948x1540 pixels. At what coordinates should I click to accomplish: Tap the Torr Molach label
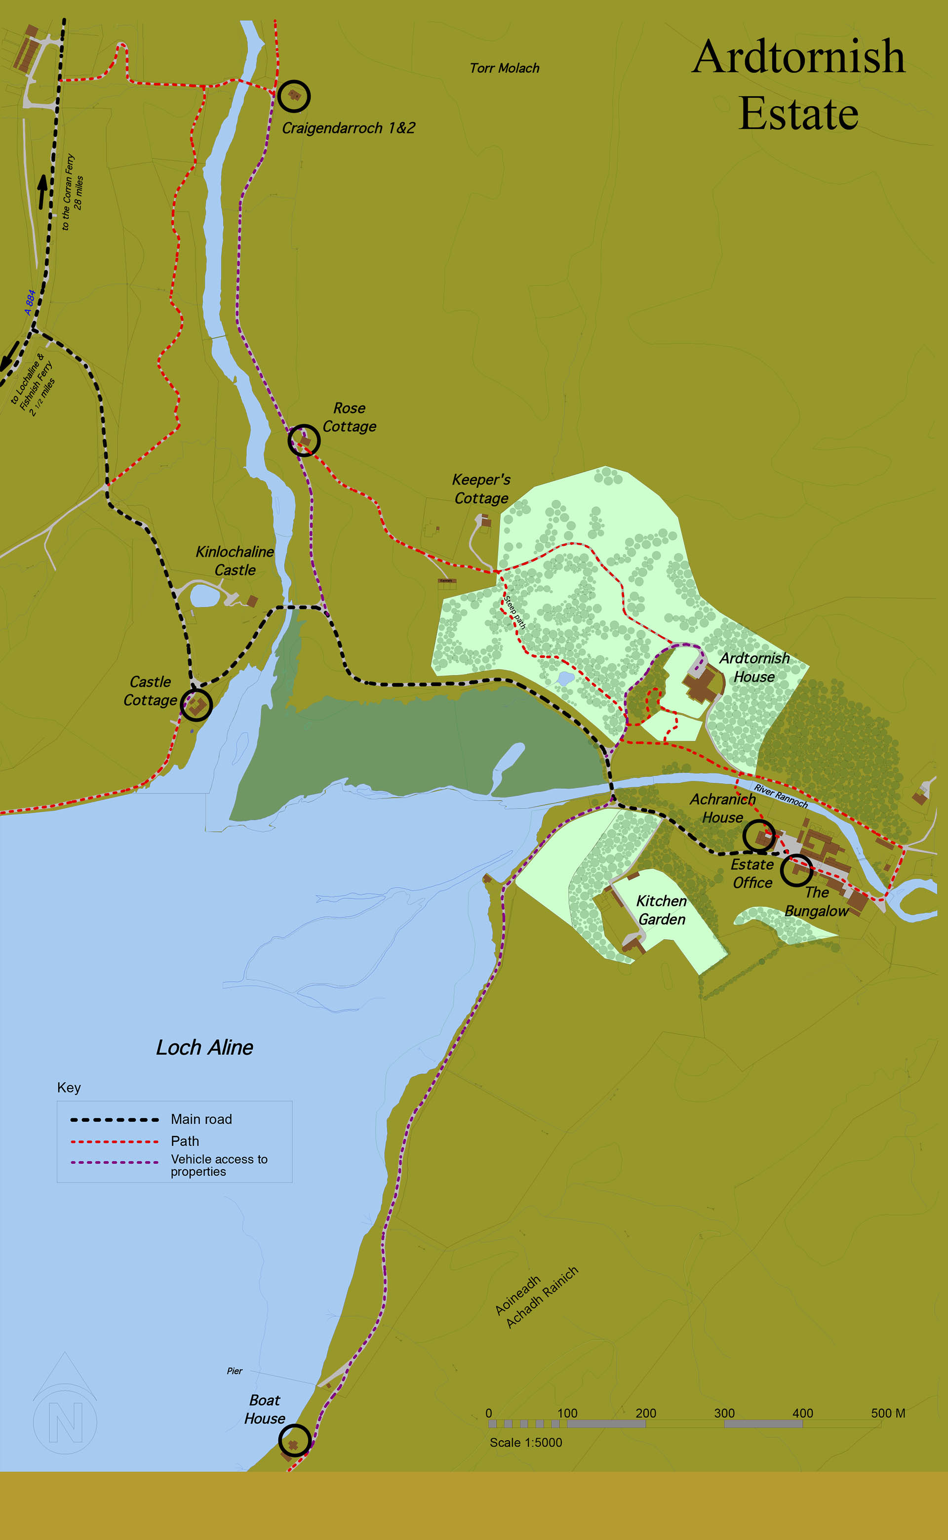(x=504, y=68)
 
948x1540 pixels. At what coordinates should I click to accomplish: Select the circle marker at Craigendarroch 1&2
(x=294, y=96)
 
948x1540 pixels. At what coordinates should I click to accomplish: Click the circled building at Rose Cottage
(x=304, y=440)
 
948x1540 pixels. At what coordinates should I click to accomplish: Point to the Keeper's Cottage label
(x=481, y=488)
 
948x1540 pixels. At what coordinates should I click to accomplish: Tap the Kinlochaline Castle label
(x=235, y=561)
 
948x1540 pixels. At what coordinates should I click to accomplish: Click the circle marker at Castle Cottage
(x=196, y=705)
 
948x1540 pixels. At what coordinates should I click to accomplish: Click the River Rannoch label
(x=781, y=796)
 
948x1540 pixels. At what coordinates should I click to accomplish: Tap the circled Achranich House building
(x=759, y=836)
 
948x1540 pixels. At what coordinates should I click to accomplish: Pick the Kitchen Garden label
(x=662, y=910)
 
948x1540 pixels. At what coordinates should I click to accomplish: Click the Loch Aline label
(x=204, y=1047)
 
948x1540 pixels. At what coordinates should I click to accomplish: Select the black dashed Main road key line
(x=114, y=1119)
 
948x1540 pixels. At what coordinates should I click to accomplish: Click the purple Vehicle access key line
(x=114, y=1162)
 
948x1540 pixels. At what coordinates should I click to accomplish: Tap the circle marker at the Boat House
(x=294, y=1440)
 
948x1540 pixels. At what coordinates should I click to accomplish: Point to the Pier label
(x=235, y=1371)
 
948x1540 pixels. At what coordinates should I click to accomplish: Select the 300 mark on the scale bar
(x=724, y=1413)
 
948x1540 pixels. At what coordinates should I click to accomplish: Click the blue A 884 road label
(x=30, y=302)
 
